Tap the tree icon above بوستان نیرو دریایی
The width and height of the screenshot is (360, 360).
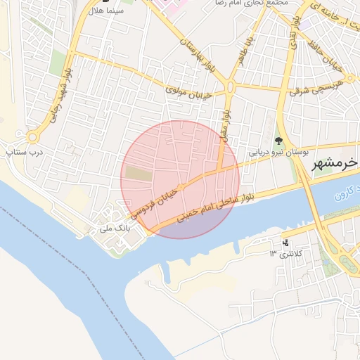[x=278, y=141]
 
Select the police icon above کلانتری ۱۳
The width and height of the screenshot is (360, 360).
[x=285, y=243]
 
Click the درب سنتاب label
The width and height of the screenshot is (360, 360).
[x=25, y=150]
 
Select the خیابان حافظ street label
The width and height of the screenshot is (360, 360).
[x=325, y=56]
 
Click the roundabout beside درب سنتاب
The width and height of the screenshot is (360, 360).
[x=32, y=136]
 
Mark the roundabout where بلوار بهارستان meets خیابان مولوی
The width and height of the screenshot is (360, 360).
[x=230, y=87]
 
